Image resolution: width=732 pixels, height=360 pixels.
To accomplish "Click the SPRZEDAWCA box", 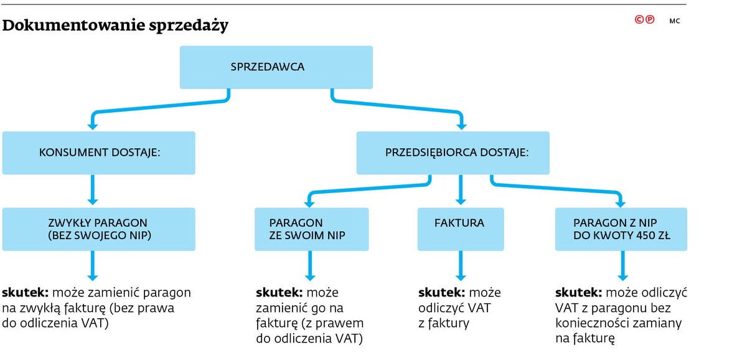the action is (276, 67).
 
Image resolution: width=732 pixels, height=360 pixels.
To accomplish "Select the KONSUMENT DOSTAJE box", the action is (98, 153).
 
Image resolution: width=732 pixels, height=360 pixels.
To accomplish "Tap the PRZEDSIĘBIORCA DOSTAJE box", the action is (453, 153).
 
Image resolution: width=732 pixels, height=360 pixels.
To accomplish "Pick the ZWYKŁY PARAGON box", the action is (98, 229).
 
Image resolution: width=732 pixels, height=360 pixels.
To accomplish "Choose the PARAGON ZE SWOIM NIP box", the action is (311, 229).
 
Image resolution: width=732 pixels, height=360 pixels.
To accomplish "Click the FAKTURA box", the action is (461, 229).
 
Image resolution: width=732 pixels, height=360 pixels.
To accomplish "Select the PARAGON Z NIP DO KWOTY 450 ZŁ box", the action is (621, 229).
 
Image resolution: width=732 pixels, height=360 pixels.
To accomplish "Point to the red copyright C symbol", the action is (639, 20).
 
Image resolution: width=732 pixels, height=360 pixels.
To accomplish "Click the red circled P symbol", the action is (650, 20).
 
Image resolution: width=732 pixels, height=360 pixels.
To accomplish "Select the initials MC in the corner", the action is (675, 21).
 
